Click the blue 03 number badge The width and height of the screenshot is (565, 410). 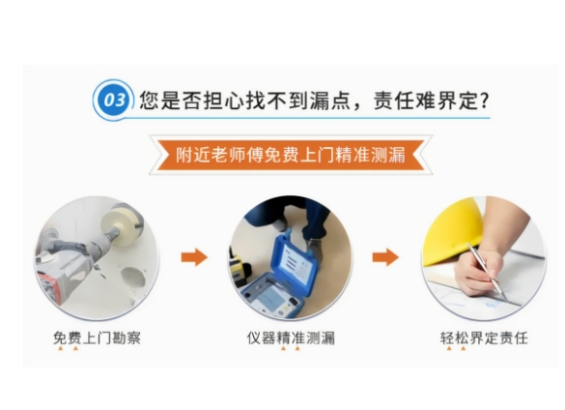tap(114, 100)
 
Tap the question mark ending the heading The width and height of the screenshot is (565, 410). tap(485, 100)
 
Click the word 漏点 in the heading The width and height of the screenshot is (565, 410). tap(330, 100)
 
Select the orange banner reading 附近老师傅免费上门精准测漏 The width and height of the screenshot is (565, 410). tap(291, 155)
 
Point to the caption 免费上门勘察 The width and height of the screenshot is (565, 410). tap(97, 338)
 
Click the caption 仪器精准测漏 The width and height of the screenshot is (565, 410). tap(291, 338)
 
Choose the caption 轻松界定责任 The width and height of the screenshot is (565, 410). tap(484, 338)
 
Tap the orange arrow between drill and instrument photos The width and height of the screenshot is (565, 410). tap(194, 257)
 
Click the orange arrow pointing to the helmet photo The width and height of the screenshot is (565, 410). tap(385, 257)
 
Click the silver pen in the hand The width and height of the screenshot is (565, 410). tap(487, 272)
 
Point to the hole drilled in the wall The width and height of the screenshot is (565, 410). tap(133, 277)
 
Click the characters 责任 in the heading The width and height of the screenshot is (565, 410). tap(393, 100)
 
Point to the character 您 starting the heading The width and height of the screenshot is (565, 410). tap(150, 100)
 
